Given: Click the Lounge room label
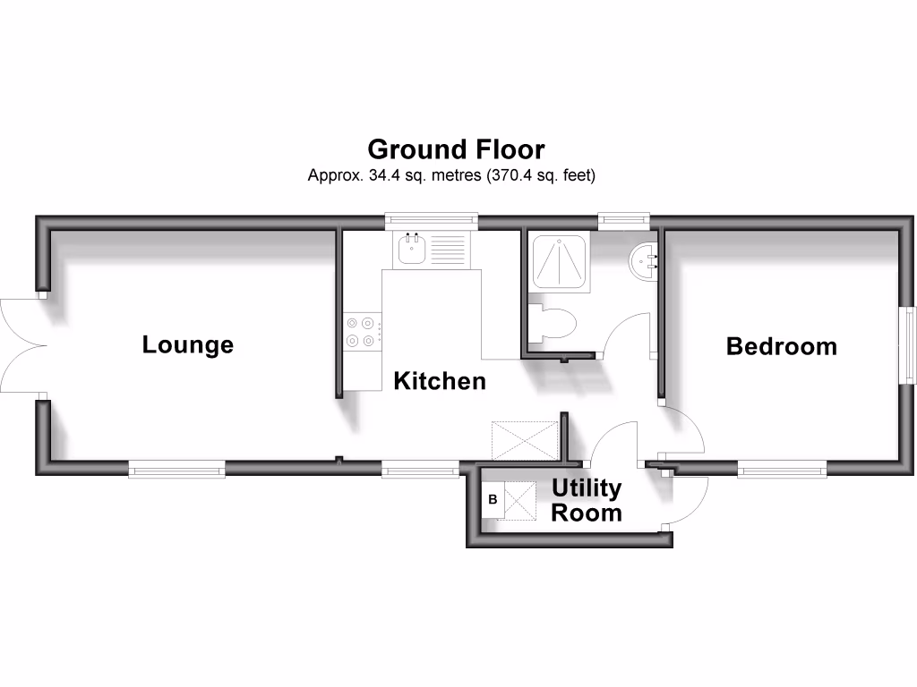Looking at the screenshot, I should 188,344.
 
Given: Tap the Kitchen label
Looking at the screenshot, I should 440,381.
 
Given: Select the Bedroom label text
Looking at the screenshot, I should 781,346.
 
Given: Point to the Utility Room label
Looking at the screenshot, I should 587,501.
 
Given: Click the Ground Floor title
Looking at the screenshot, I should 456,148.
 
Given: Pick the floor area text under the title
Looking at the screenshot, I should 451,175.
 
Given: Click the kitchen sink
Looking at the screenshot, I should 413,249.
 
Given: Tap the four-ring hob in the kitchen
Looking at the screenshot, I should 361,331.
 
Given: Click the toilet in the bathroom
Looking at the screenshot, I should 551,323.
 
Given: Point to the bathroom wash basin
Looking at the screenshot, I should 644,261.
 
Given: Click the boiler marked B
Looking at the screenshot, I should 492,500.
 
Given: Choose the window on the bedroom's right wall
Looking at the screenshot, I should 908,346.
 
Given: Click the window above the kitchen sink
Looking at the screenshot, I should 431,219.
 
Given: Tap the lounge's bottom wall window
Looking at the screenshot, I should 176,468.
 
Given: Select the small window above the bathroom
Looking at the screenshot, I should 624,219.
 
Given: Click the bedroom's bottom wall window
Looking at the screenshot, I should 782,468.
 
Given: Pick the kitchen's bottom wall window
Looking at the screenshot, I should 420,468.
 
